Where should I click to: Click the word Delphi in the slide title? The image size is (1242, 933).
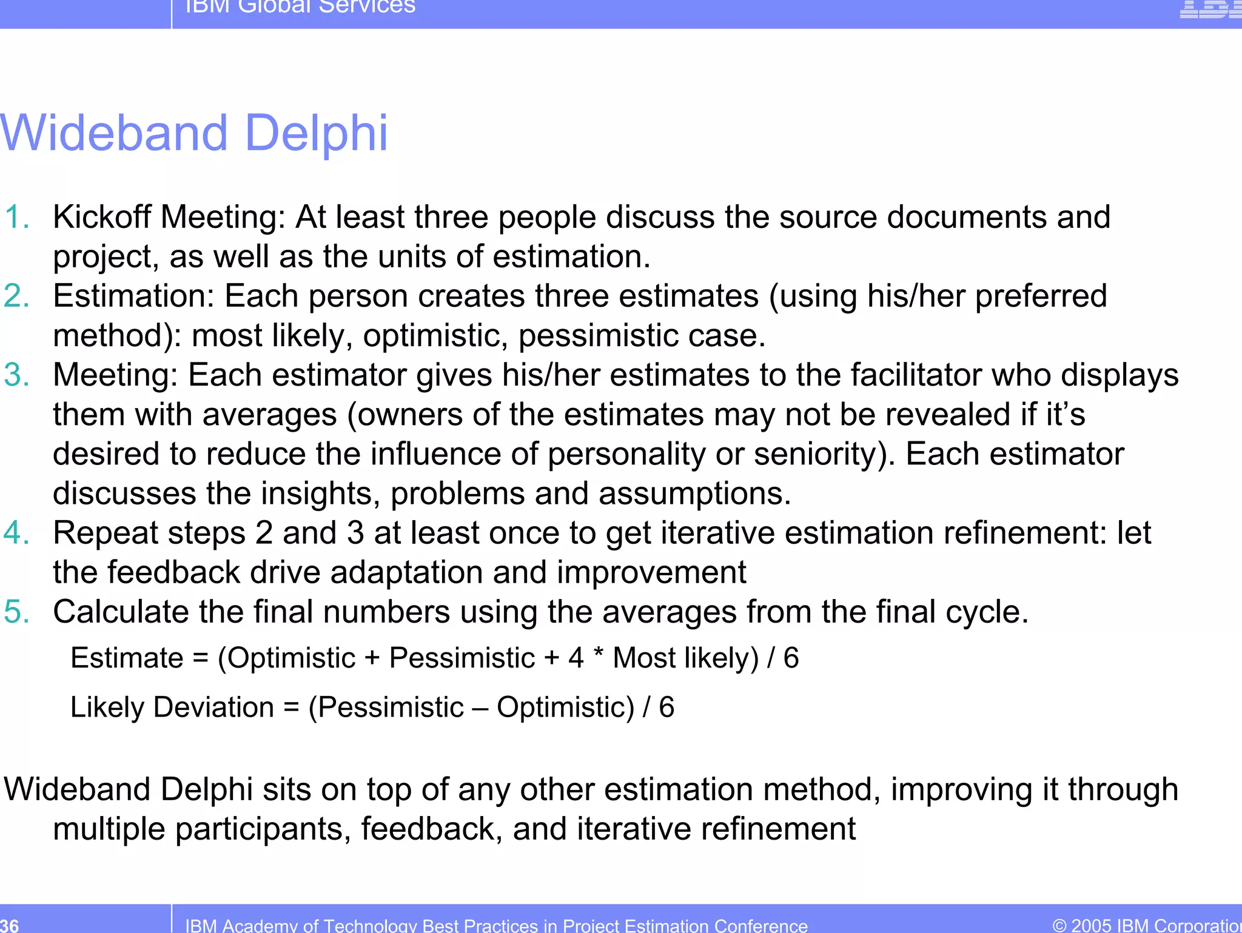(316, 133)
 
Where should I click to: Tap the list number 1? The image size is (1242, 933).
(16, 217)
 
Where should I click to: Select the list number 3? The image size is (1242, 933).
(16, 375)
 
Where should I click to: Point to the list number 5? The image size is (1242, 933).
(16, 611)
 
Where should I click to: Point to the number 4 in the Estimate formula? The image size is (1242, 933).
(576, 658)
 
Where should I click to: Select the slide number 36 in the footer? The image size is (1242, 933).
(10, 925)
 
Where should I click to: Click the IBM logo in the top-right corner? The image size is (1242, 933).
(1210, 8)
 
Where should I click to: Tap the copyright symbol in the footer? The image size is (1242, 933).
(1059, 926)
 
